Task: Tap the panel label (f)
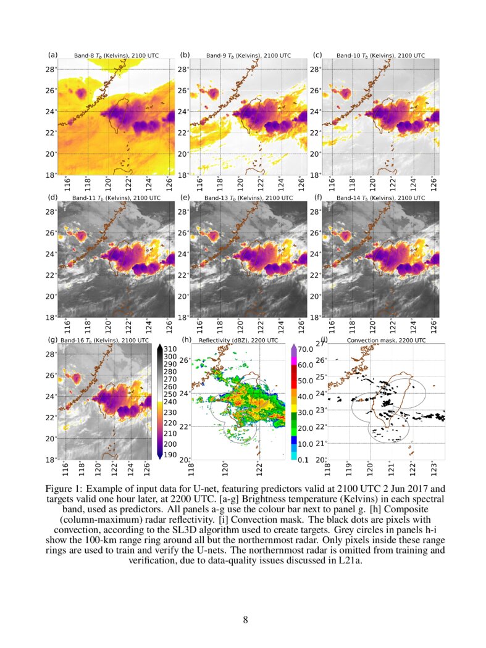coord(318,197)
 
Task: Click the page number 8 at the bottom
coord(245,620)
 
